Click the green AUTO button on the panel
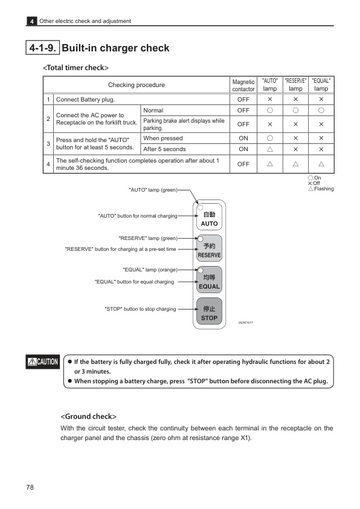209,218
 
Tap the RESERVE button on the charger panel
209,250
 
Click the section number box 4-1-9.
42,48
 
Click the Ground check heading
88,417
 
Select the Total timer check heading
76,67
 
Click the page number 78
30,487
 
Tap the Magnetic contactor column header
243,85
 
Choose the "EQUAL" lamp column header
321,85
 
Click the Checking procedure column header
136,85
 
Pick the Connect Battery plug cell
85,99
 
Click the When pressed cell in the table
163,138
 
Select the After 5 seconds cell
164,149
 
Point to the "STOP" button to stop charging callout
140,309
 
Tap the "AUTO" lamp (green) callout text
153,190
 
